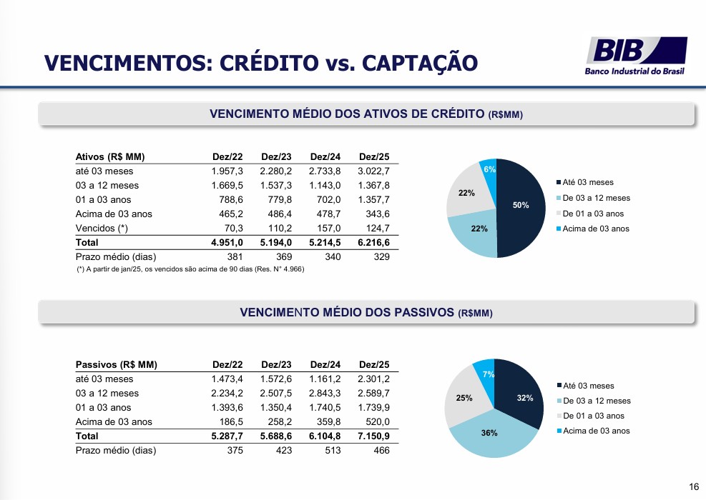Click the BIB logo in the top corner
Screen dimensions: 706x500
pos(636,56)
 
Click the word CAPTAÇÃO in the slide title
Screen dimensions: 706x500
pos(420,63)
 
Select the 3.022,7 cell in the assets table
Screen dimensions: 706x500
pos(373,171)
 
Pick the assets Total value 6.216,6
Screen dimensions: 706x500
pos(373,242)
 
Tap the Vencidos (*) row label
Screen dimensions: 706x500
pos(102,229)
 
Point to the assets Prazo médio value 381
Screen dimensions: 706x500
pos(235,256)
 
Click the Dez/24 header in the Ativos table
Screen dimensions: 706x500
pos(325,157)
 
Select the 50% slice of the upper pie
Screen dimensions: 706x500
pos(521,207)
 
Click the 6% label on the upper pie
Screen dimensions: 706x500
pos(489,169)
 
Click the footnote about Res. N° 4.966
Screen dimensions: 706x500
pos(190,269)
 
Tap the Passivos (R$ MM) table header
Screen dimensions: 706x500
pos(116,365)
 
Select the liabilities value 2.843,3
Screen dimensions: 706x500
pos(325,393)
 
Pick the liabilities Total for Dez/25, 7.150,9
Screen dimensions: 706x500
pos(373,436)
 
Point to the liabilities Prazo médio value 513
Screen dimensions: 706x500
pos(333,450)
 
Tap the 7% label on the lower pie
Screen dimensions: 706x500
pos(489,374)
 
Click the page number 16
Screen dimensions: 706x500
pos(694,486)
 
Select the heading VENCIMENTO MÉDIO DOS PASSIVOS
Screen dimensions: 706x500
pos(347,313)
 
